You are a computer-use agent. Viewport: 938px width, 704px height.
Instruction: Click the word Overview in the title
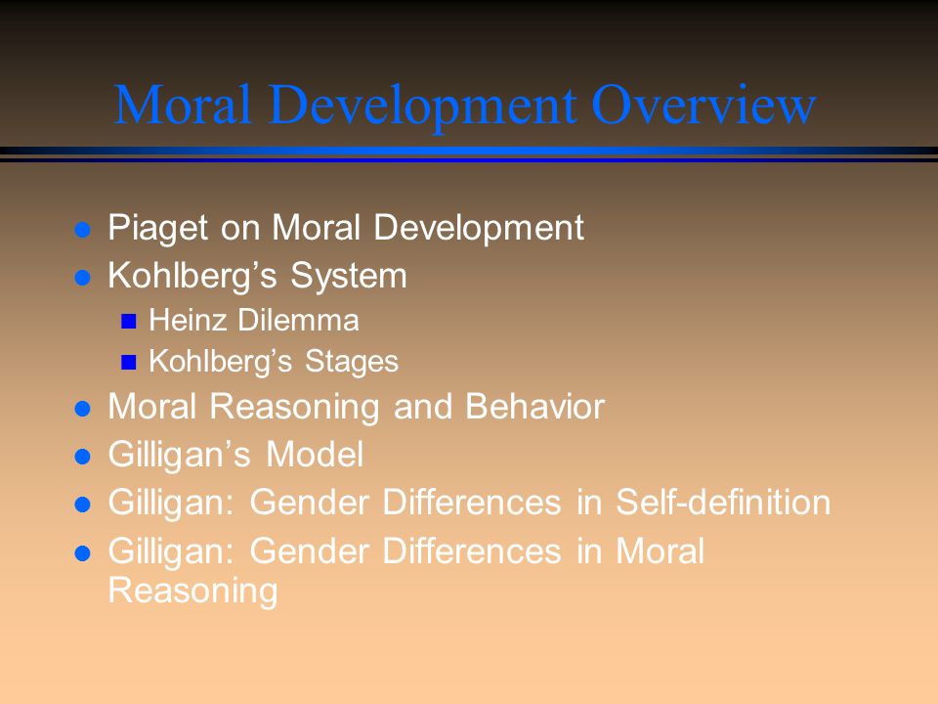[x=703, y=105]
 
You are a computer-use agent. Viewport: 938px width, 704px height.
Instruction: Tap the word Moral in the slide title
[x=182, y=105]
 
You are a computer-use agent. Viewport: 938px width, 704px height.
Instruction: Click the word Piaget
[x=158, y=229]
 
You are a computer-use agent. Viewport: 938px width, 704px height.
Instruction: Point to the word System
[x=349, y=277]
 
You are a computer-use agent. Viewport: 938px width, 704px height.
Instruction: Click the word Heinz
[x=188, y=321]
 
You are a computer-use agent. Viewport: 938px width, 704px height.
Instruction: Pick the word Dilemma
[x=299, y=321]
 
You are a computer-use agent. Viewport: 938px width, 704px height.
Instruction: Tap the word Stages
[x=352, y=362]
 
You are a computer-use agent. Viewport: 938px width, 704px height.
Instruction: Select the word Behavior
[x=534, y=407]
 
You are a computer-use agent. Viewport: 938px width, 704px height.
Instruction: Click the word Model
[x=315, y=455]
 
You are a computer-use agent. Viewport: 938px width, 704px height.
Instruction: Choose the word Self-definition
[x=723, y=502]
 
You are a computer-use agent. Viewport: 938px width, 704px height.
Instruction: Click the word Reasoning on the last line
[x=192, y=592]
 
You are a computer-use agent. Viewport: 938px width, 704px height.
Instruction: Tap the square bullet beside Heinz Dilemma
[x=129, y=322]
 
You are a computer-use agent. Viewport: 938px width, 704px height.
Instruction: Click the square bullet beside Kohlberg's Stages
[x=129, y=362]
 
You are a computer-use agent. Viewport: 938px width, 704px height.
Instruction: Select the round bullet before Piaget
[x=82, y=229]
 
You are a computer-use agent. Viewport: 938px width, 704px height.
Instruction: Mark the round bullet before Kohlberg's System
[x=82, y=278]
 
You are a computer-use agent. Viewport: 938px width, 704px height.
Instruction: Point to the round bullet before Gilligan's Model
[x=82, y=457]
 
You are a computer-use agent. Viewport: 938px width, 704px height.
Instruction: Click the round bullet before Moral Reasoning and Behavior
[x=82, y=409]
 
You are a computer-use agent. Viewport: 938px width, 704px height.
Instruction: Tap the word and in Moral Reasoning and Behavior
[x=423, y=407]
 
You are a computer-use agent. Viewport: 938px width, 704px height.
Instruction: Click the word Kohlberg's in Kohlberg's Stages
[x=221, y=361]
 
